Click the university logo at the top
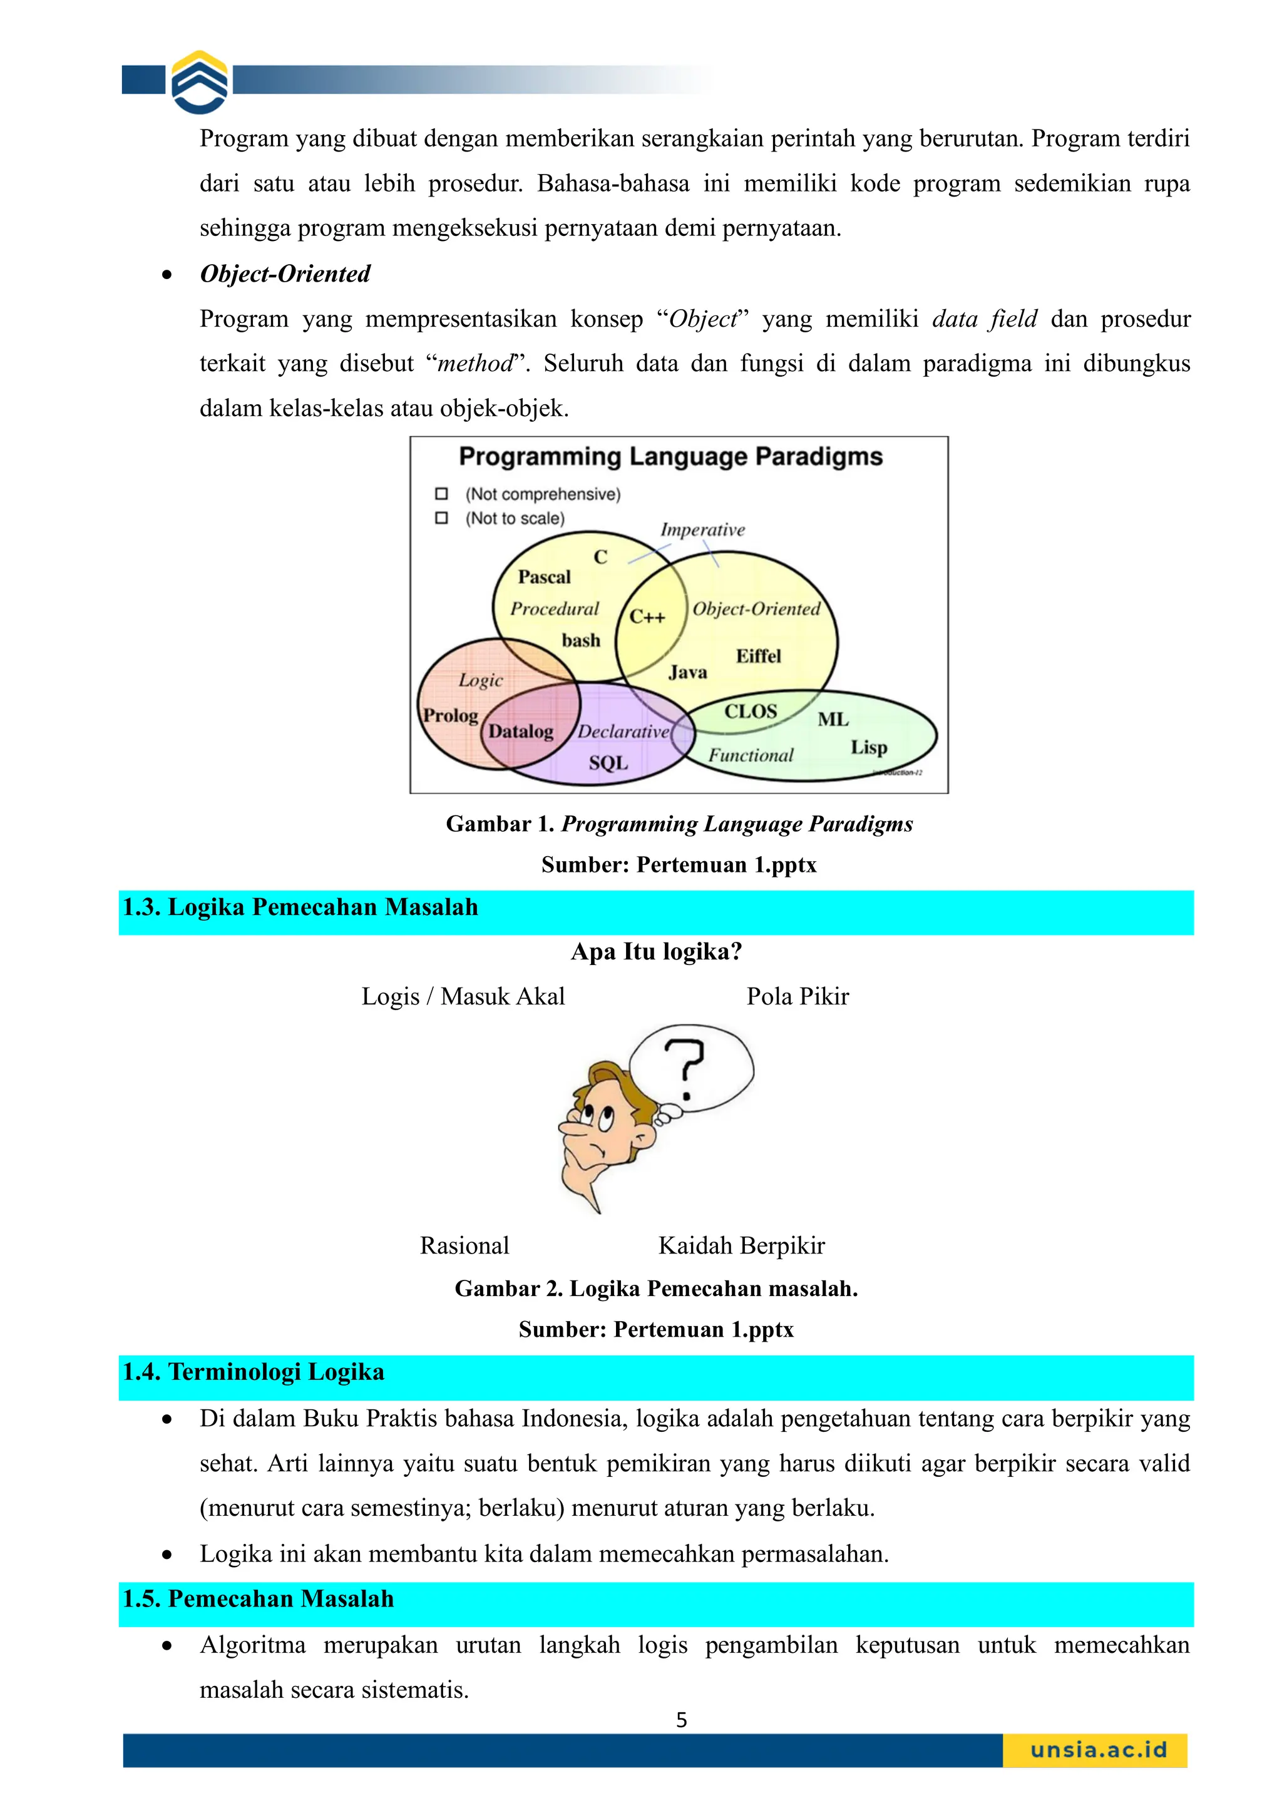point(200,81)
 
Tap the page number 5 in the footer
point(682,1720)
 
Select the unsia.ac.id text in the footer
point(1098,1750)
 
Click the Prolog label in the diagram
point(450,715)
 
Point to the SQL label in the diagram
point(608,763)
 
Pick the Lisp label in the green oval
point(869,747)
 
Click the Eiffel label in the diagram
point(758,656)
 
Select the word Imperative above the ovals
point(702,530)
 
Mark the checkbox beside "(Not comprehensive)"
point(441,494)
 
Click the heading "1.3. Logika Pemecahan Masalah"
point(300,907)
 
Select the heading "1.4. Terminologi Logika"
point(254,1372)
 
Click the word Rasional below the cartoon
point(464,1245)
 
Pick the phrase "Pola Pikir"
point(797,996)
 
